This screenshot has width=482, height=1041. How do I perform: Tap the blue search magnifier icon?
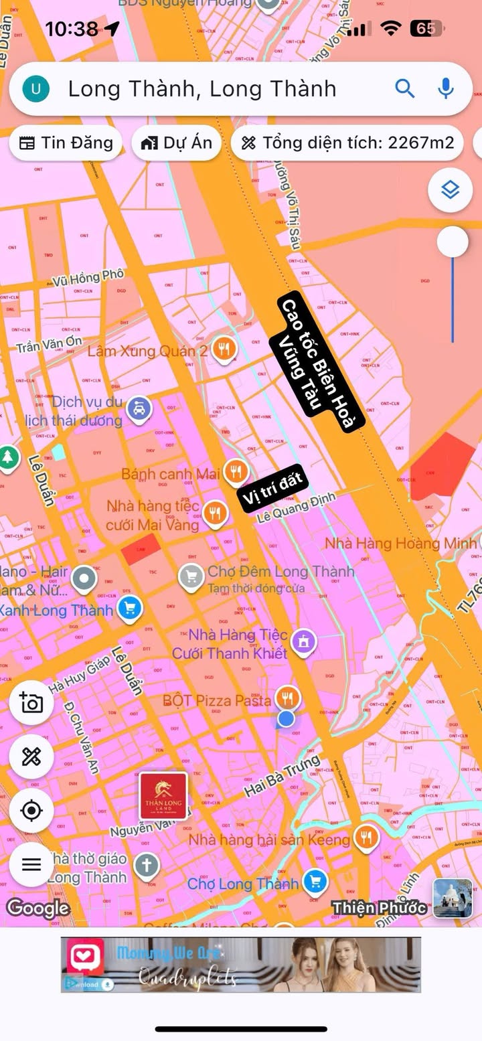[405, 88]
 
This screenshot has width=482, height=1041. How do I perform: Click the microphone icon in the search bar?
[446, 88]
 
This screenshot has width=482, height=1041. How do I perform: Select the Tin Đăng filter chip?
[66, 143]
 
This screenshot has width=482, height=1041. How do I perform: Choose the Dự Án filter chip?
[177, 143]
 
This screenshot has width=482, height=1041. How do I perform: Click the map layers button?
[451, 190]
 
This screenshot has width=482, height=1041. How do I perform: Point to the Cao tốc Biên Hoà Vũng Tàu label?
[318, 362]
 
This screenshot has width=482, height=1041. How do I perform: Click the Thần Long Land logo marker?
[163, 795]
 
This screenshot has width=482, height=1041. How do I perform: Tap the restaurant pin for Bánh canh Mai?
[235, 472]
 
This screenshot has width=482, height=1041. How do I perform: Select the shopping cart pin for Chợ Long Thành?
[315, 882]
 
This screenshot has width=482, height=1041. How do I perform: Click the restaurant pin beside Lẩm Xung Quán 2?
[224, 349]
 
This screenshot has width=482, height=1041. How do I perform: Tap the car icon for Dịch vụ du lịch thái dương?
[139, 407]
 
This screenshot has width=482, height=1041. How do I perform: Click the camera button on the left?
[31, 703]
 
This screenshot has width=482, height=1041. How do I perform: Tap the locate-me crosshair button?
[31, 811]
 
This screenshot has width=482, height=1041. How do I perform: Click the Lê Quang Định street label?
[296, 507]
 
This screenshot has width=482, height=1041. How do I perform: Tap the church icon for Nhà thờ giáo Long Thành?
[146, 866]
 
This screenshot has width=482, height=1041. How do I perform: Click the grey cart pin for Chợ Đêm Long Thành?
[191, 574]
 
